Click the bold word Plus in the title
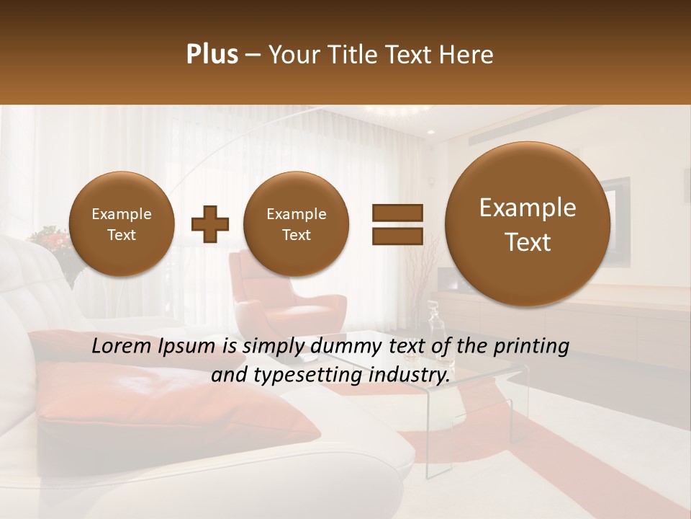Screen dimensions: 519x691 click(212, 55)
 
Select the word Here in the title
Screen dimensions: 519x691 click(468, 55)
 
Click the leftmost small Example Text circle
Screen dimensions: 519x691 click(121, 223)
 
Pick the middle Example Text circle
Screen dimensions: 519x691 click(296, 223)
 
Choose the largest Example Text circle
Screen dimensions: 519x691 click(528, 224)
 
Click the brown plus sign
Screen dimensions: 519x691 click(209, 224)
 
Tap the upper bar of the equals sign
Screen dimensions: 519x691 click(397, 213)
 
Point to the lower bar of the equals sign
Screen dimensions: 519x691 click(397, 236)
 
